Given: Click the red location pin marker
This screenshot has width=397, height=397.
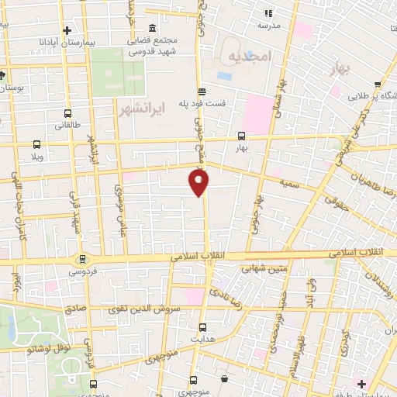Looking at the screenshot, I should click(199, 182).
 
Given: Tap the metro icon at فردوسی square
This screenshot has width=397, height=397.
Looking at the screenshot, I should click(81, 259).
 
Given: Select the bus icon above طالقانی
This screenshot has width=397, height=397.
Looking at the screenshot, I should click(68, 112).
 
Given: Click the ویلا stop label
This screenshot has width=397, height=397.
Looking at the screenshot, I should click(36, 156).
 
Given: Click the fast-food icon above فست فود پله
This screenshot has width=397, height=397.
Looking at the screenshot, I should click(202, 90).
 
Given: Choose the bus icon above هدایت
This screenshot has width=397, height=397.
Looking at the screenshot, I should click(203, 327).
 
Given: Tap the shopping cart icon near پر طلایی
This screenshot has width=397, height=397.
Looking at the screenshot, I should click(377, 85).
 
